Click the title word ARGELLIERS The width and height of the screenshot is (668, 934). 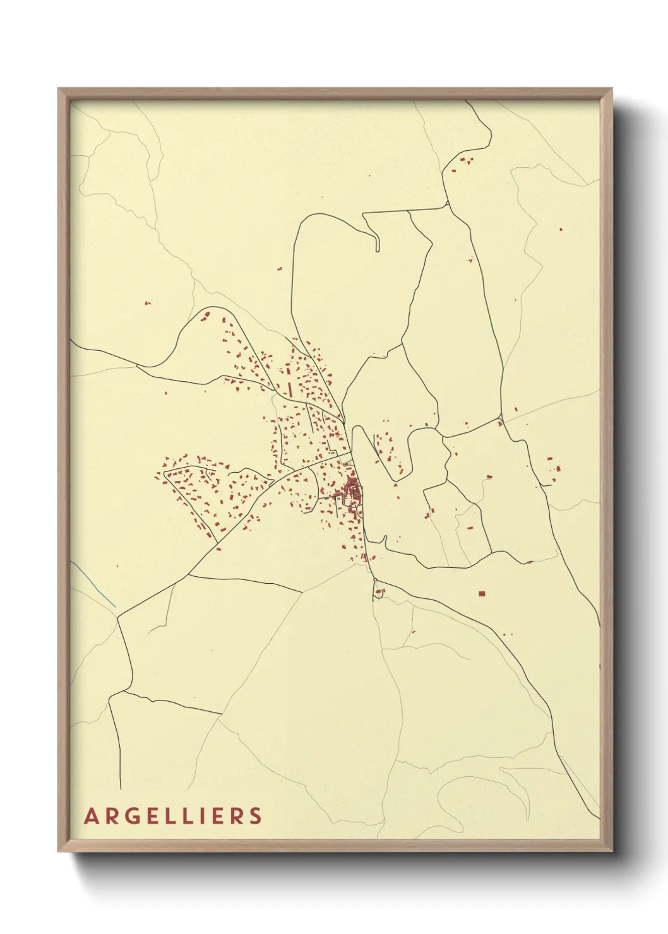tap(173, 816)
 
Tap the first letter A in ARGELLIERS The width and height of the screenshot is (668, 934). tap(91, 816)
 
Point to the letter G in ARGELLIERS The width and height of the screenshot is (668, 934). tap(130, 816)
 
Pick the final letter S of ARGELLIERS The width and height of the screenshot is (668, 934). tap(255, 816)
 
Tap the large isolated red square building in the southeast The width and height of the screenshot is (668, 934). tap(482, 593)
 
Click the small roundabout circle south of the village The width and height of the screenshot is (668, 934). tap(374, 580)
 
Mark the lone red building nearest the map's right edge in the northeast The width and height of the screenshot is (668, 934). tap(560, 229)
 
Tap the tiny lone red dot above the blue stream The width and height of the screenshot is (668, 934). tap(117, 565)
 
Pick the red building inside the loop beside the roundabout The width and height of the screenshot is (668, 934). tap(379, 592)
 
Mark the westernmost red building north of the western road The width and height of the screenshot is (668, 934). tap(147, 303)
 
